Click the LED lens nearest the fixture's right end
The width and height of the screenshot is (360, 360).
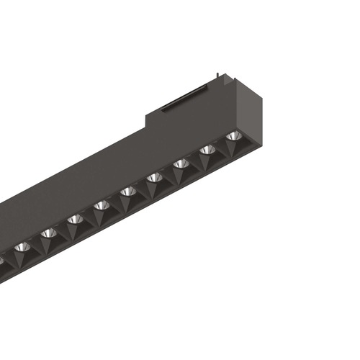(233, 135)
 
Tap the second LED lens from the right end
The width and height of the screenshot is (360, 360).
(207, 149)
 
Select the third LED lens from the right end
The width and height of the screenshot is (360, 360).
(181, 163)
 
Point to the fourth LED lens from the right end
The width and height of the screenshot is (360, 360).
(154, 177)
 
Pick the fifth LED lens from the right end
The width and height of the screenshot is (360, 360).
(127, 192)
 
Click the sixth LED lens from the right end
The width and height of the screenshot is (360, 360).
(101, 205)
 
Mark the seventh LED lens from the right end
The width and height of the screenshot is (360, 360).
(74, 219)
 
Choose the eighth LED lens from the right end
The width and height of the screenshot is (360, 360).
(48, 233)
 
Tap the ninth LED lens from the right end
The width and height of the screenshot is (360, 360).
(22, 247)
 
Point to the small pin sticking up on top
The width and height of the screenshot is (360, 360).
(217, 74)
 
